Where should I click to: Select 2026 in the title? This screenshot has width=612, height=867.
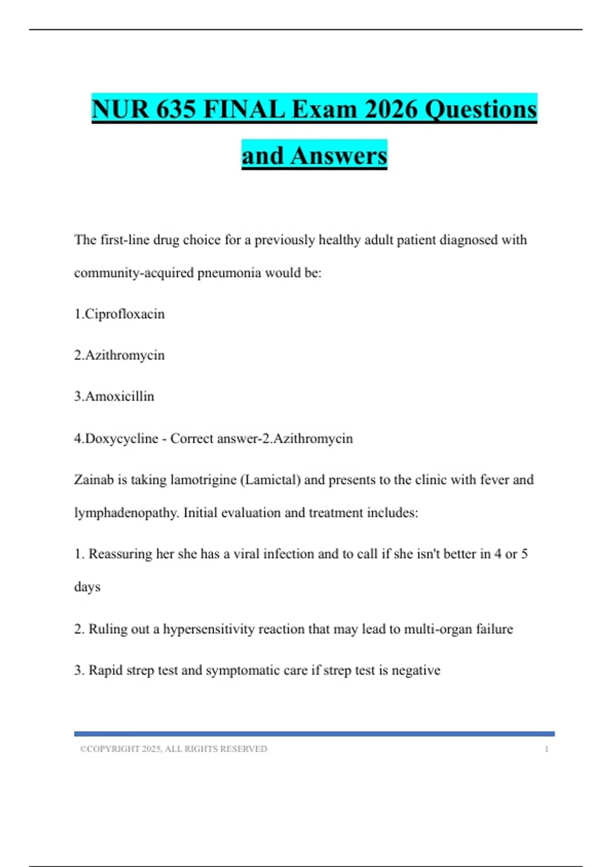tap(391, 109)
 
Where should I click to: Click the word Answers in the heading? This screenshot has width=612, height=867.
tap(339, 156)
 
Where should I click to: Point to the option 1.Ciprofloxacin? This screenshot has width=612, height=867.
tap(119, 314)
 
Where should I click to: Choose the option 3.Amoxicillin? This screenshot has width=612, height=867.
tap(114, 396)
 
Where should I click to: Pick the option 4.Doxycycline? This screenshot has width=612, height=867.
tap(116, 439)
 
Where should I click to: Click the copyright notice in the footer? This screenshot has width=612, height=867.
tap(173, 749)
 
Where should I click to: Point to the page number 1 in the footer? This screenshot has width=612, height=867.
tap(546, 749)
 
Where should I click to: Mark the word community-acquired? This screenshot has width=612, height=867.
tap(134, 273)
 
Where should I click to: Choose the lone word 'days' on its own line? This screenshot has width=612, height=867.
tap(87, 587)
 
